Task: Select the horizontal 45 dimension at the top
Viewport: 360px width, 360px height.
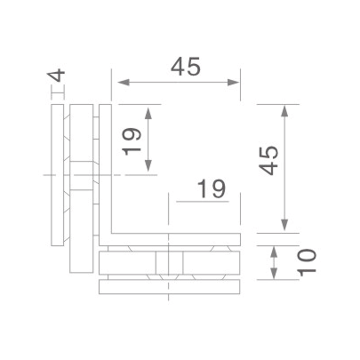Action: click(177, 67)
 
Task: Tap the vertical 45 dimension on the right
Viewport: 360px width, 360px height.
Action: click(268, 164)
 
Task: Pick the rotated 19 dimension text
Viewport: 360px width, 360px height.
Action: click(132, 140)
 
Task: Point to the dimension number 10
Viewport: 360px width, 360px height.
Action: click(305, 262)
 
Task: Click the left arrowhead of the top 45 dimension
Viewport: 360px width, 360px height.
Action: click(117, 83)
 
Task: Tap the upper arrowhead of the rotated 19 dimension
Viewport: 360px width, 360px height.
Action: click(150, 110)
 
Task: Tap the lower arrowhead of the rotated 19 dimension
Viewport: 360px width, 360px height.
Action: click(150, 169)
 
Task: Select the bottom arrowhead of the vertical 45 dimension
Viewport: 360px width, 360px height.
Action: click(285, 227)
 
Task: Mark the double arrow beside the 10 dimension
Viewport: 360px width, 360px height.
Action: click(276, 261)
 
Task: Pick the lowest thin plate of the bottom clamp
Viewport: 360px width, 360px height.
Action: click(169, 287)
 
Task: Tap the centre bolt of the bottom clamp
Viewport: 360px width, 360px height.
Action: click(169, 264)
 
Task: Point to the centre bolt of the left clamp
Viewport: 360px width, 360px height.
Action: click(80, 174)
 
